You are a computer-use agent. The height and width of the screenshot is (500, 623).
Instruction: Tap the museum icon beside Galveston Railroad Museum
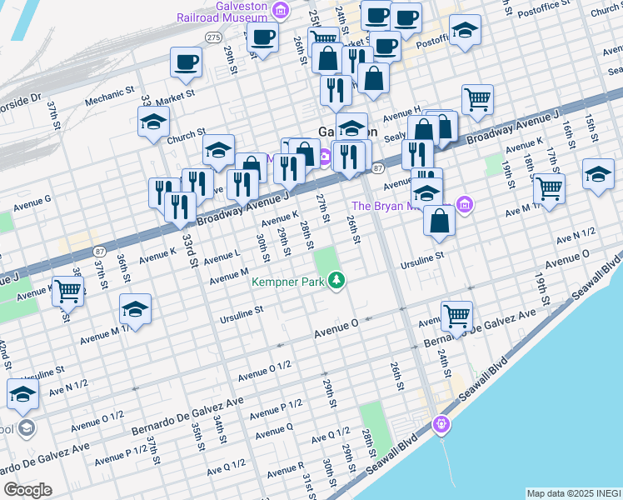(281, 11)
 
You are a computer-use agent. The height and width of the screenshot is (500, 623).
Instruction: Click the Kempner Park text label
(288, 282)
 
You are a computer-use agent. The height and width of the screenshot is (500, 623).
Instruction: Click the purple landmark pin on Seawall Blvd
(441, 425)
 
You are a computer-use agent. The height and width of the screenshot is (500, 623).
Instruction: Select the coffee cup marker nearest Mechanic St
(186, 62)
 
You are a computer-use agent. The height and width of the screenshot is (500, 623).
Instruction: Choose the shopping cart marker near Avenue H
(477, 99)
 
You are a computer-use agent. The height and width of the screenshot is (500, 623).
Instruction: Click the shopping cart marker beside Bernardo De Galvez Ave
(456, 316)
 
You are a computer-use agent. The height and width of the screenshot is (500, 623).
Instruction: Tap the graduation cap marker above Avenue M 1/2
(135, 308)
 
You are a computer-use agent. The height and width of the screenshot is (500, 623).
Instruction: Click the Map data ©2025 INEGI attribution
(574, 493)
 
